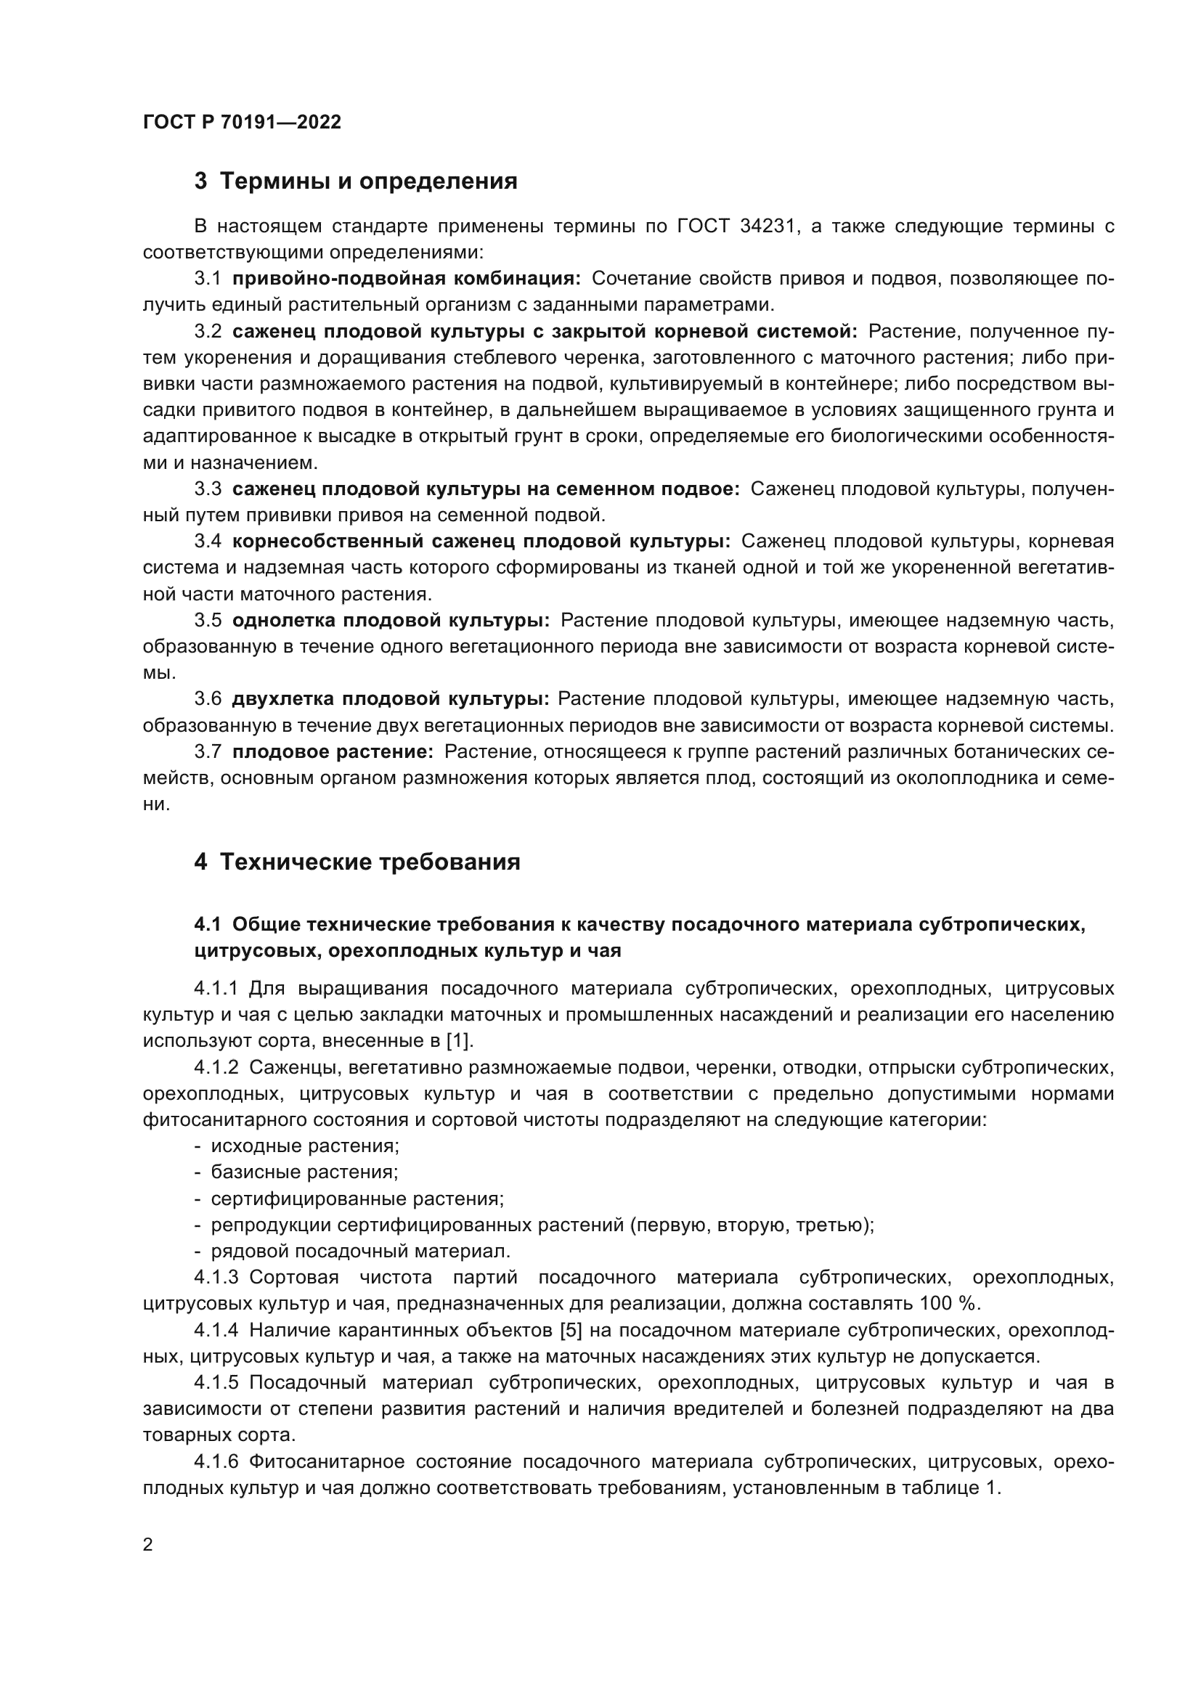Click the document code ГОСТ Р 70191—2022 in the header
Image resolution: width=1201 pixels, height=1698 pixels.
pos(242,122)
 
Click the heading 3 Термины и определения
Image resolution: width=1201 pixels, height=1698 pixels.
pos(356,181)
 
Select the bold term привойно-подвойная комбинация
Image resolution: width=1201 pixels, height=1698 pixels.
pos(406,278)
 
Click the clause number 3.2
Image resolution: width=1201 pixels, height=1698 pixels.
pos(208,330)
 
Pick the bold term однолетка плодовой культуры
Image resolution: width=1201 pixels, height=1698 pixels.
pos(391,620)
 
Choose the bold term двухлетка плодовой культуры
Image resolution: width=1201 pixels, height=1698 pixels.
pos(391,699)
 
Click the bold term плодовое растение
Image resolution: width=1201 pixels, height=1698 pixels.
pos(333,751)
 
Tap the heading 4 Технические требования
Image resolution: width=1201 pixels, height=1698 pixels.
pos(357,862)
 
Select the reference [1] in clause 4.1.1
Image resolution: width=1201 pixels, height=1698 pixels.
pos(457,1040)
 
